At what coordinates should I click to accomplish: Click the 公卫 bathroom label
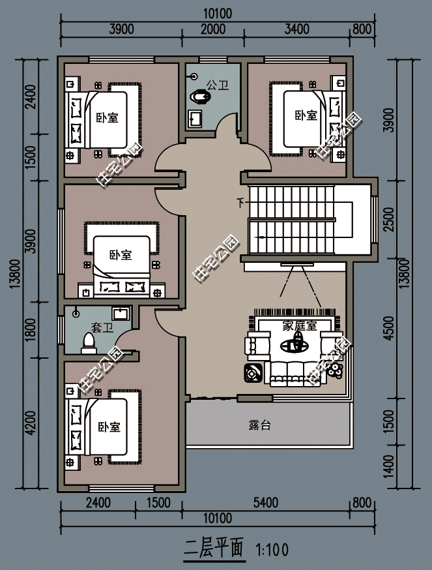217,85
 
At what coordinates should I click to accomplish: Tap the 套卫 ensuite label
102,327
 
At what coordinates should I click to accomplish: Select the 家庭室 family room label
300,325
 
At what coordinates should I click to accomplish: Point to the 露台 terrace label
260,425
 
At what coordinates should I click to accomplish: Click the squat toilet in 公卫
200,97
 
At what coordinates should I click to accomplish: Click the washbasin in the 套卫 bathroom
121,314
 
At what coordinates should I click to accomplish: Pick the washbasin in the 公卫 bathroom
195,119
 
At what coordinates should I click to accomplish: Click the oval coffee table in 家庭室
295,345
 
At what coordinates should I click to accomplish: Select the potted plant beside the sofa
336,370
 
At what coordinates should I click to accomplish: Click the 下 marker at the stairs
240,202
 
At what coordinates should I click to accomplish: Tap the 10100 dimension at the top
217,14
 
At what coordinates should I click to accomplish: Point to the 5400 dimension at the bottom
266,503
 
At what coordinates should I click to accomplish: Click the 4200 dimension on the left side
31,423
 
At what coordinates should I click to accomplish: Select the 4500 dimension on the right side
388,328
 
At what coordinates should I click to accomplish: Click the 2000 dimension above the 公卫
213,29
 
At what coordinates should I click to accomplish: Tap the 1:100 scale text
272,550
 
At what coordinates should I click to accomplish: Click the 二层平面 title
214,548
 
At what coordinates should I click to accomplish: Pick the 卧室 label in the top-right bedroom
306,115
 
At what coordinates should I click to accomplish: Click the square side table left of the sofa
253,373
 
